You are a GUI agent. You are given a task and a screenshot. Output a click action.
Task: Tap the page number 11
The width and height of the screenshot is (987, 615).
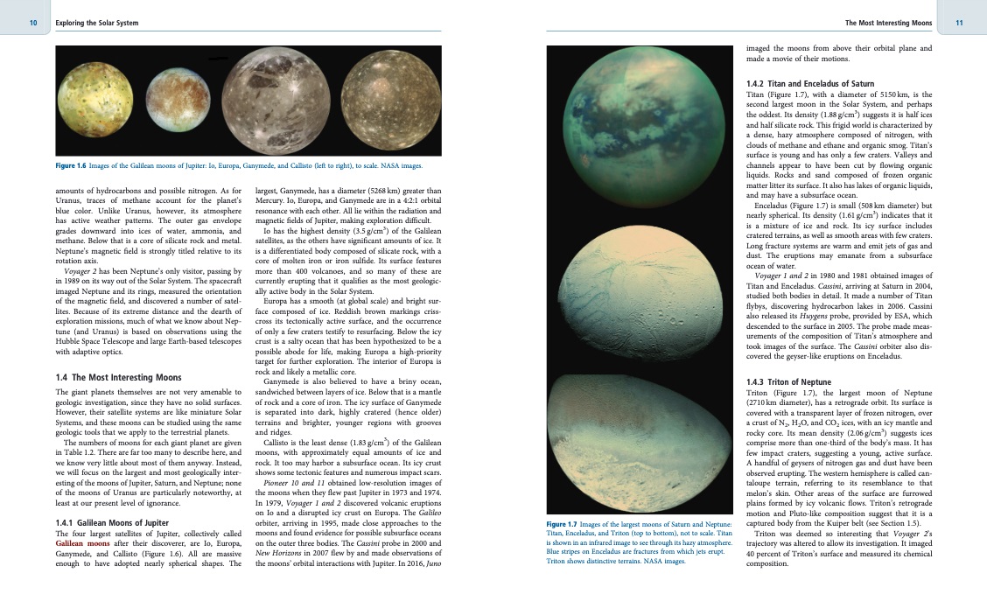pos(958,21)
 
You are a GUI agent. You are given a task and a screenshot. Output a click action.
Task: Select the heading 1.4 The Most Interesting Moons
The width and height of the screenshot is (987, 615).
pos(118,377)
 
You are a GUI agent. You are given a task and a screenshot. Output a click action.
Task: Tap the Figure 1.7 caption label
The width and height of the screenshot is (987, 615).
pos(565,524)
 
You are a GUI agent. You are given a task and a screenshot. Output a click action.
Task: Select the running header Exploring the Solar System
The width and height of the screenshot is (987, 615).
pos(96,21)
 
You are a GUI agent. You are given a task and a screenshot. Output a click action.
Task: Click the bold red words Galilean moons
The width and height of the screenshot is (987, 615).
pos(86,542)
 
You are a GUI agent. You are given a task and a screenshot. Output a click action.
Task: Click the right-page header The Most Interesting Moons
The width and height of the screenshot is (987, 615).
pos(885,21)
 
